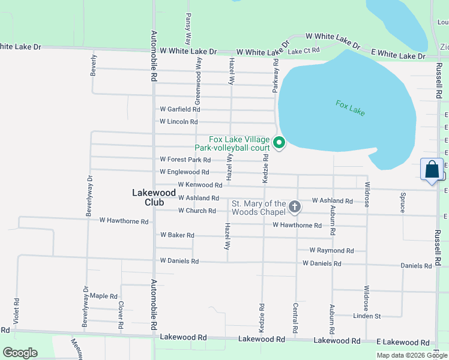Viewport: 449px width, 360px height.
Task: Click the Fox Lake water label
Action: point(350,108)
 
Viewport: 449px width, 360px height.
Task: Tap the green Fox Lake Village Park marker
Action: point(279,143)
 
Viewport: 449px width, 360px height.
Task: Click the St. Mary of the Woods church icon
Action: point(294,207)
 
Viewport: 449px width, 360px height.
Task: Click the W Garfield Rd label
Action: point(179,109)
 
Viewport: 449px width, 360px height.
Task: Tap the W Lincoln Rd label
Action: point(178,122)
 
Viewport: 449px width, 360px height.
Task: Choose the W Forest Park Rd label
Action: point(185,160)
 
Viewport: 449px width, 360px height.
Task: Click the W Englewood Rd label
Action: point(184,172)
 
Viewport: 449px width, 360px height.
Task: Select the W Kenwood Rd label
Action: point(200,185)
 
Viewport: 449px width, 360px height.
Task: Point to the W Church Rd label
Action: point(197,211)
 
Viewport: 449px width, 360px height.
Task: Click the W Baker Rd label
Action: point(177,235)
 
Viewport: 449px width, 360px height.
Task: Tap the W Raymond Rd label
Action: point(331,250)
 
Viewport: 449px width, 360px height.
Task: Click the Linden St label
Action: point(367,316)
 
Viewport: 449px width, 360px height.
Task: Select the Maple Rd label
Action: point(104,296)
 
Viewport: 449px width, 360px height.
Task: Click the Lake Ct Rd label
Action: point(304,52)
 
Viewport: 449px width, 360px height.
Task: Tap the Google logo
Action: point(19,352)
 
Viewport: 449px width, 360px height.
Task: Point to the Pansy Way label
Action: point(188,28)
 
